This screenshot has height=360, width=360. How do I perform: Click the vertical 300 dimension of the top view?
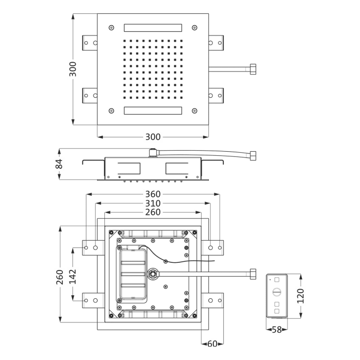tap(74, 69)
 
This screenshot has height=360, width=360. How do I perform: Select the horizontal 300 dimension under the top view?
tap(153, 137)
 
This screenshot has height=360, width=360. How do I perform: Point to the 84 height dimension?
tap(60, 165)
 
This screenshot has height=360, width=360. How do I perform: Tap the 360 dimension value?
tap(153, 194)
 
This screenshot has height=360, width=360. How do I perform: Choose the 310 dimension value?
tap(153, 204)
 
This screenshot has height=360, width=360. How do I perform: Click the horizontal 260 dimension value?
tap(153, 212)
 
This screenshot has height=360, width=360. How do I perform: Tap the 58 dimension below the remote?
tap(276, 330)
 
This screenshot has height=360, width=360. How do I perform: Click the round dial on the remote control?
tap(277, 292)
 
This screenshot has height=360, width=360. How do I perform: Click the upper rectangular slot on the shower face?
tap(153, 27)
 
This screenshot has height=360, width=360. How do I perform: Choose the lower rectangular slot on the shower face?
tap(153, 111)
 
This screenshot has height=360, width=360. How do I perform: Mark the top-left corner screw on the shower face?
tap(111, 27)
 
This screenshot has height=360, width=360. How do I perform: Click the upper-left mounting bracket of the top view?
tap(90, 42)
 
